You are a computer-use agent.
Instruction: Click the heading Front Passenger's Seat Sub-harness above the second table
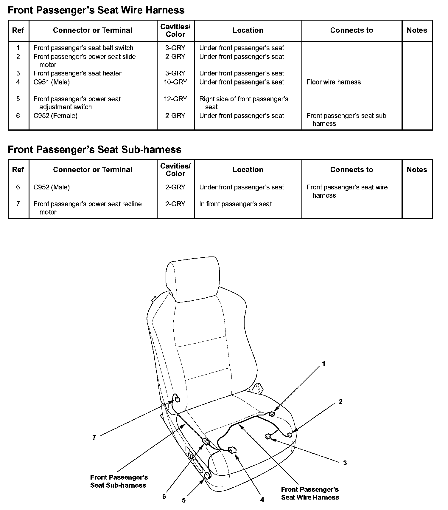(x=94, y=149)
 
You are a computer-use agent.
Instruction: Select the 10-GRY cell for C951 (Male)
(x=175, y=82)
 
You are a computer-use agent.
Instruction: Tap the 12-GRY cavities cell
(x=175, y=99)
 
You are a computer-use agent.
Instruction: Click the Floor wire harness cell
(x=333, y=82)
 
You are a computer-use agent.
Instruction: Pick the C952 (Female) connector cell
(x=55, y=115)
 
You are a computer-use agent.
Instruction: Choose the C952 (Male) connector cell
(x=52, y=187)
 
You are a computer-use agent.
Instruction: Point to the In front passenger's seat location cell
(x=235, y=204)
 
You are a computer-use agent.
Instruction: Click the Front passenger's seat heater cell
(x=77, y=73)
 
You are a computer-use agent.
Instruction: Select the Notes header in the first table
(x=417, y=30)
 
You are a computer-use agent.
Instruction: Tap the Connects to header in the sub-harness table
(x=351, y=170)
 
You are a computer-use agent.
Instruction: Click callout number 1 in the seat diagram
(x=323, y=364)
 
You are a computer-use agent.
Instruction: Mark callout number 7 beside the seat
(x=94, y=438)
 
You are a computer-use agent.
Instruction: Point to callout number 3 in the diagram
(x=345, y=463)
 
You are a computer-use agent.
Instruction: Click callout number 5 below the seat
(x=184, y=500)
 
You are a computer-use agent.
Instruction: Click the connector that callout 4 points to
(x=232, y=450)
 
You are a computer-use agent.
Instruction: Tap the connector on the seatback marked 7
(x=177, y=399)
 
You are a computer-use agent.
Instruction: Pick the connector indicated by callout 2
(x=289, y=435)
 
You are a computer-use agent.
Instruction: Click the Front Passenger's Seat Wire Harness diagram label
(x=310, y=493)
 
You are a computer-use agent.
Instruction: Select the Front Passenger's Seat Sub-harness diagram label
(x=119, y=481)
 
